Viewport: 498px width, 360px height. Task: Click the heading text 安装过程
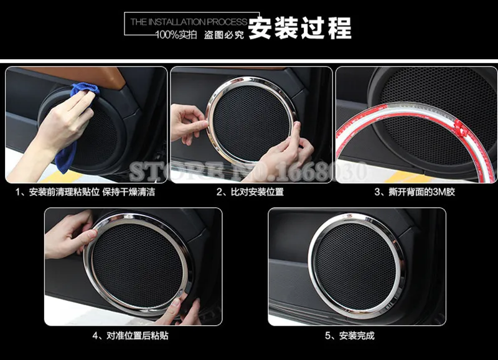[300, 28]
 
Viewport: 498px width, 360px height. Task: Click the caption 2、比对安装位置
[250, 192]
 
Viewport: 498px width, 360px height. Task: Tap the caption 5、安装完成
[357, 336]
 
